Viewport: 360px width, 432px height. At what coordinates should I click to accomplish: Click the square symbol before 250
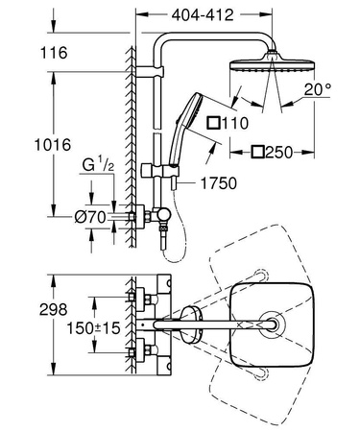(x=258, y=152)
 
